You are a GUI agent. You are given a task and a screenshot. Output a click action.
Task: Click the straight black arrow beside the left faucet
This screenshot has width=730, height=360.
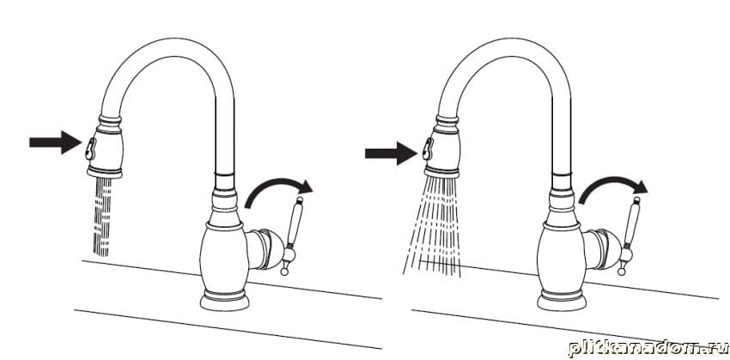56,142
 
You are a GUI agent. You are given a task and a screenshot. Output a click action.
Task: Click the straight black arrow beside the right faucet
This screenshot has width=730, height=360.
391,153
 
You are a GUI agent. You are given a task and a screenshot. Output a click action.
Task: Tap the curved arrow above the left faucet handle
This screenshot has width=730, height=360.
278,192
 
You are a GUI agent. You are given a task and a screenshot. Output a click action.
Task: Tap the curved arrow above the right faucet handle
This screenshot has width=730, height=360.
613,190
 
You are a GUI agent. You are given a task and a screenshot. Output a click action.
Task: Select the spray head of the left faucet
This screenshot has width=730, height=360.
106,146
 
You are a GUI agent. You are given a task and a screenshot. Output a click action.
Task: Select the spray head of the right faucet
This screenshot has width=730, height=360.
441,146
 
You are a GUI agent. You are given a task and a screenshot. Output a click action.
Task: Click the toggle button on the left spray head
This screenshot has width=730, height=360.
89,149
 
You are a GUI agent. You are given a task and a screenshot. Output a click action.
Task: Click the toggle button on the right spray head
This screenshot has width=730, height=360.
428,149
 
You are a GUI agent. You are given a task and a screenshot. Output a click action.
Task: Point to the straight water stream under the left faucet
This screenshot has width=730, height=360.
102,217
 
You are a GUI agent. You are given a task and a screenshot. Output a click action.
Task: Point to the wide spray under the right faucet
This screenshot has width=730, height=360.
432,226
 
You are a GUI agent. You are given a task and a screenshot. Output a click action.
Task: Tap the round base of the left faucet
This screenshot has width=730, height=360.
224,301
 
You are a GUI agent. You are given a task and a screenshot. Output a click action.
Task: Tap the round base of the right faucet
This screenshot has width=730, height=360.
562,301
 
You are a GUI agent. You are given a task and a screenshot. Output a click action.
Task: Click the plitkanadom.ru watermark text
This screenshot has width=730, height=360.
648,348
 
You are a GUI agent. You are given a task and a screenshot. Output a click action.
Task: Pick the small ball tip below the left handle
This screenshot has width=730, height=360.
284,272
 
